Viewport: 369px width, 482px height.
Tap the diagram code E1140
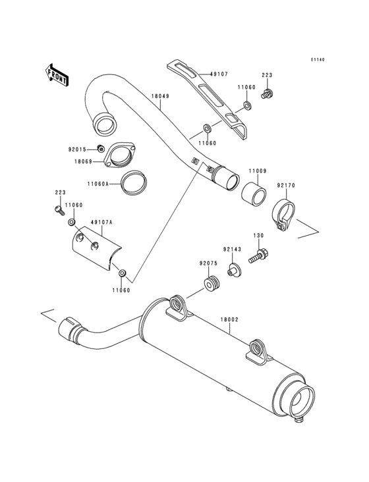(318, 60)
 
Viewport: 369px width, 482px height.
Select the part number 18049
(160, 96)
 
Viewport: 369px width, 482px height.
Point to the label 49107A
(101, 223)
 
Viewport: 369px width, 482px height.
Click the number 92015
(78, 149)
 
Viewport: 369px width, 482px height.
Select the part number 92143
(231, 250)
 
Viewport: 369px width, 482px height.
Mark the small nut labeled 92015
(99, 147)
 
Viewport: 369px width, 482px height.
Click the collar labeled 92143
(233, 269)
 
